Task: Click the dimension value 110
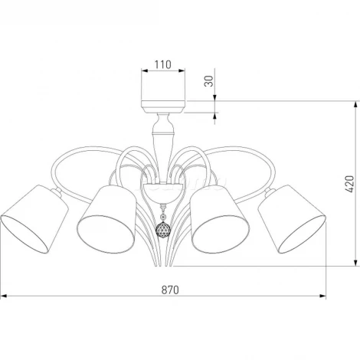[163, 64]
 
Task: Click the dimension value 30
[209, 81]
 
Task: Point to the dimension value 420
[349, 184]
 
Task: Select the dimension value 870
[170, 290]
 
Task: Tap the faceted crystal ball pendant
[163, 229]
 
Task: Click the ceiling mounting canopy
[163, 106]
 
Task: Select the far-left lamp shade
[34, 219]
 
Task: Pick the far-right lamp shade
[292, 219]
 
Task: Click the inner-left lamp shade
[106, 219]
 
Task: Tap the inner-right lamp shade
[220, 219]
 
